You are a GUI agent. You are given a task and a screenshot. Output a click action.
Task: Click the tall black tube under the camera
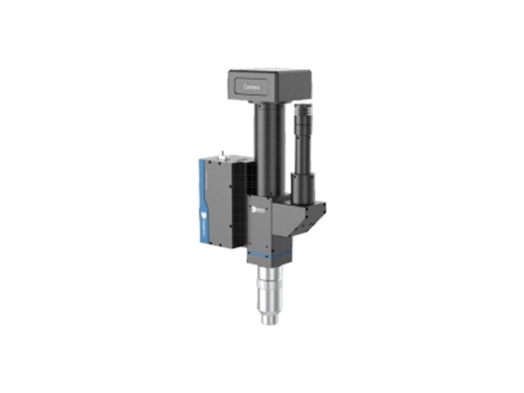tap(263, 146)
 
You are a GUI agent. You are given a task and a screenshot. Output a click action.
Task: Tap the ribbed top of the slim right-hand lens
tap(304, 117)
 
